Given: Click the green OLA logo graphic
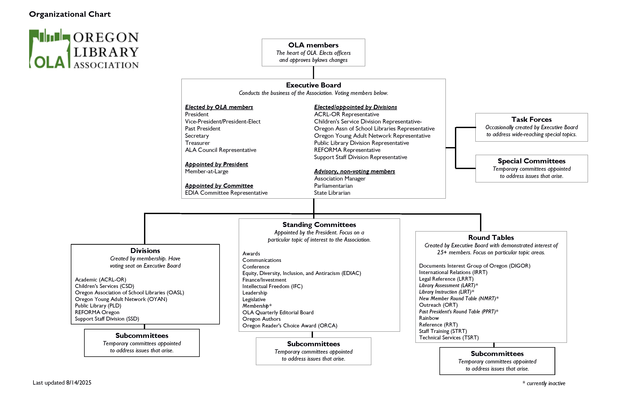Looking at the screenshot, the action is [x=50, y=49].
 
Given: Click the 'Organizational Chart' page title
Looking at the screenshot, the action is [x=70, y=14].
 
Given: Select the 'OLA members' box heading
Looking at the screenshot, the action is [x=313, y=45].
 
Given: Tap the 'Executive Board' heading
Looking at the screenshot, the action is [x=313, y=85].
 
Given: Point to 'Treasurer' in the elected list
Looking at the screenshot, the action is [x=197, y=143].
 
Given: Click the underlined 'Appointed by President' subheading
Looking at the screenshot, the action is [x=216, y=164].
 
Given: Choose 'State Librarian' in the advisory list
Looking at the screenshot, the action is [x=332, y=193].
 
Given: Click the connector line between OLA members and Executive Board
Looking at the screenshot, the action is [x=313, y=73].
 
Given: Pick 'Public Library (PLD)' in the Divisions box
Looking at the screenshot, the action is [x=98, y=306].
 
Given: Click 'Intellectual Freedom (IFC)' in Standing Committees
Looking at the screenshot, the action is [x=272, y=286].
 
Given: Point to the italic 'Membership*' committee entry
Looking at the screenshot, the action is [x=257, y=306].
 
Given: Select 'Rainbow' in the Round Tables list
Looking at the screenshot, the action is [x=429, y=318].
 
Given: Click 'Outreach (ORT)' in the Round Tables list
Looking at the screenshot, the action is [x=438, y=305].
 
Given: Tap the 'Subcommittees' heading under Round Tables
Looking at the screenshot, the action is [x=497, y=354].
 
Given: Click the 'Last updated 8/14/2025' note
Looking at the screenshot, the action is [x=62, y=383].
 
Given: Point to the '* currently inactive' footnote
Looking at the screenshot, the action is [x=544, y=383].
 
